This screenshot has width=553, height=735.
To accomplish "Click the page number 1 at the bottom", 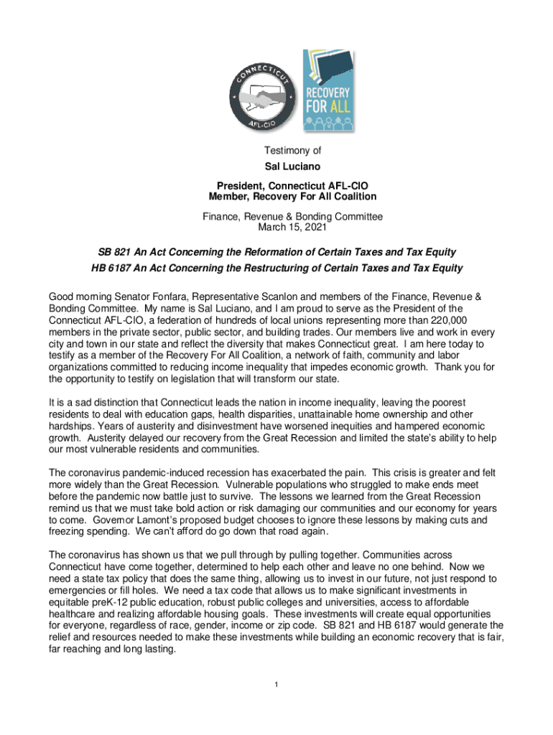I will pos(276,683).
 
